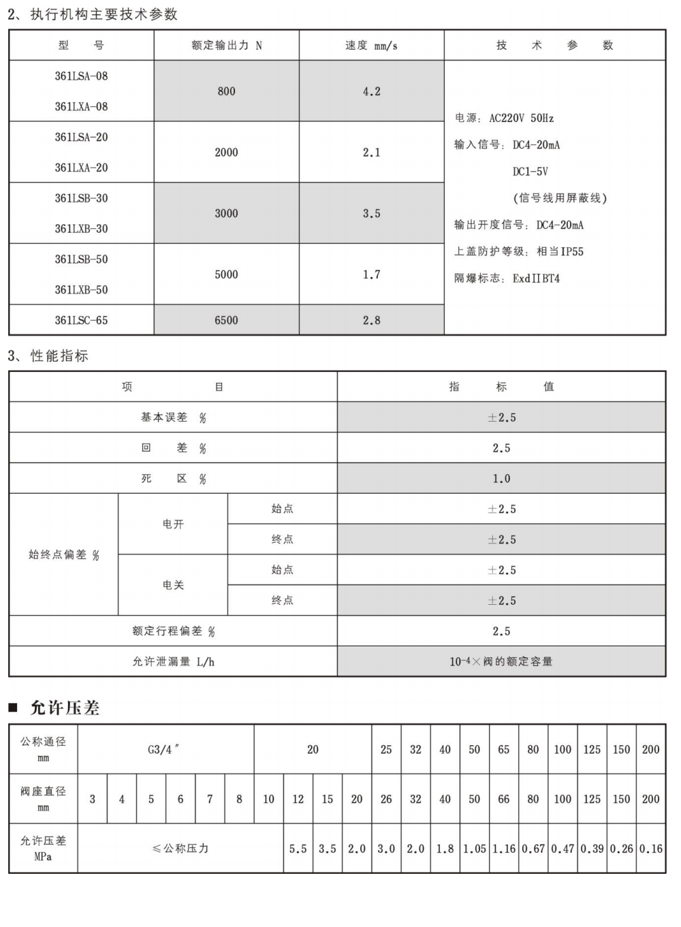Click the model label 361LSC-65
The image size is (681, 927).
coord(81,320)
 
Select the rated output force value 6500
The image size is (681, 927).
coord(226,320)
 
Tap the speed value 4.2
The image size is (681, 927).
coord(371,91)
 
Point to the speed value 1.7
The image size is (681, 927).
coord(371,274)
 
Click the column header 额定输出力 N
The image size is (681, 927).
coord(226,46)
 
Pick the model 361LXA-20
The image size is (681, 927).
coord(81,168)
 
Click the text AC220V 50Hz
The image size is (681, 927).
coord(521,119)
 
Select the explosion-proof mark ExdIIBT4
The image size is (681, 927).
coord(536,279)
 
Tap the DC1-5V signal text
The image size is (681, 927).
coord(530,172)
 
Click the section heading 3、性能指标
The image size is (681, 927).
coord(48,356)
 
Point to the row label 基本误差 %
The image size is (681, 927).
coord(173,418)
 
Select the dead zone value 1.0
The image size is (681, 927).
coord(501,479)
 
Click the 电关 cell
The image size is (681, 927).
coord(173,585)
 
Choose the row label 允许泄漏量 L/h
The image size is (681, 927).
coord(173,661)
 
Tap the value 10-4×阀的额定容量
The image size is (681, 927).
coord(501,661)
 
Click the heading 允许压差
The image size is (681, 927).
coord(65,708)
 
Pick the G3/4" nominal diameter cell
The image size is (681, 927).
coord(164,749)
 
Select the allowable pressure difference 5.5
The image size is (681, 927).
coord(298,849)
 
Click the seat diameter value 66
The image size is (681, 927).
coord(503,799)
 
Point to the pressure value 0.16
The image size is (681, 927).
coord(650,849)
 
